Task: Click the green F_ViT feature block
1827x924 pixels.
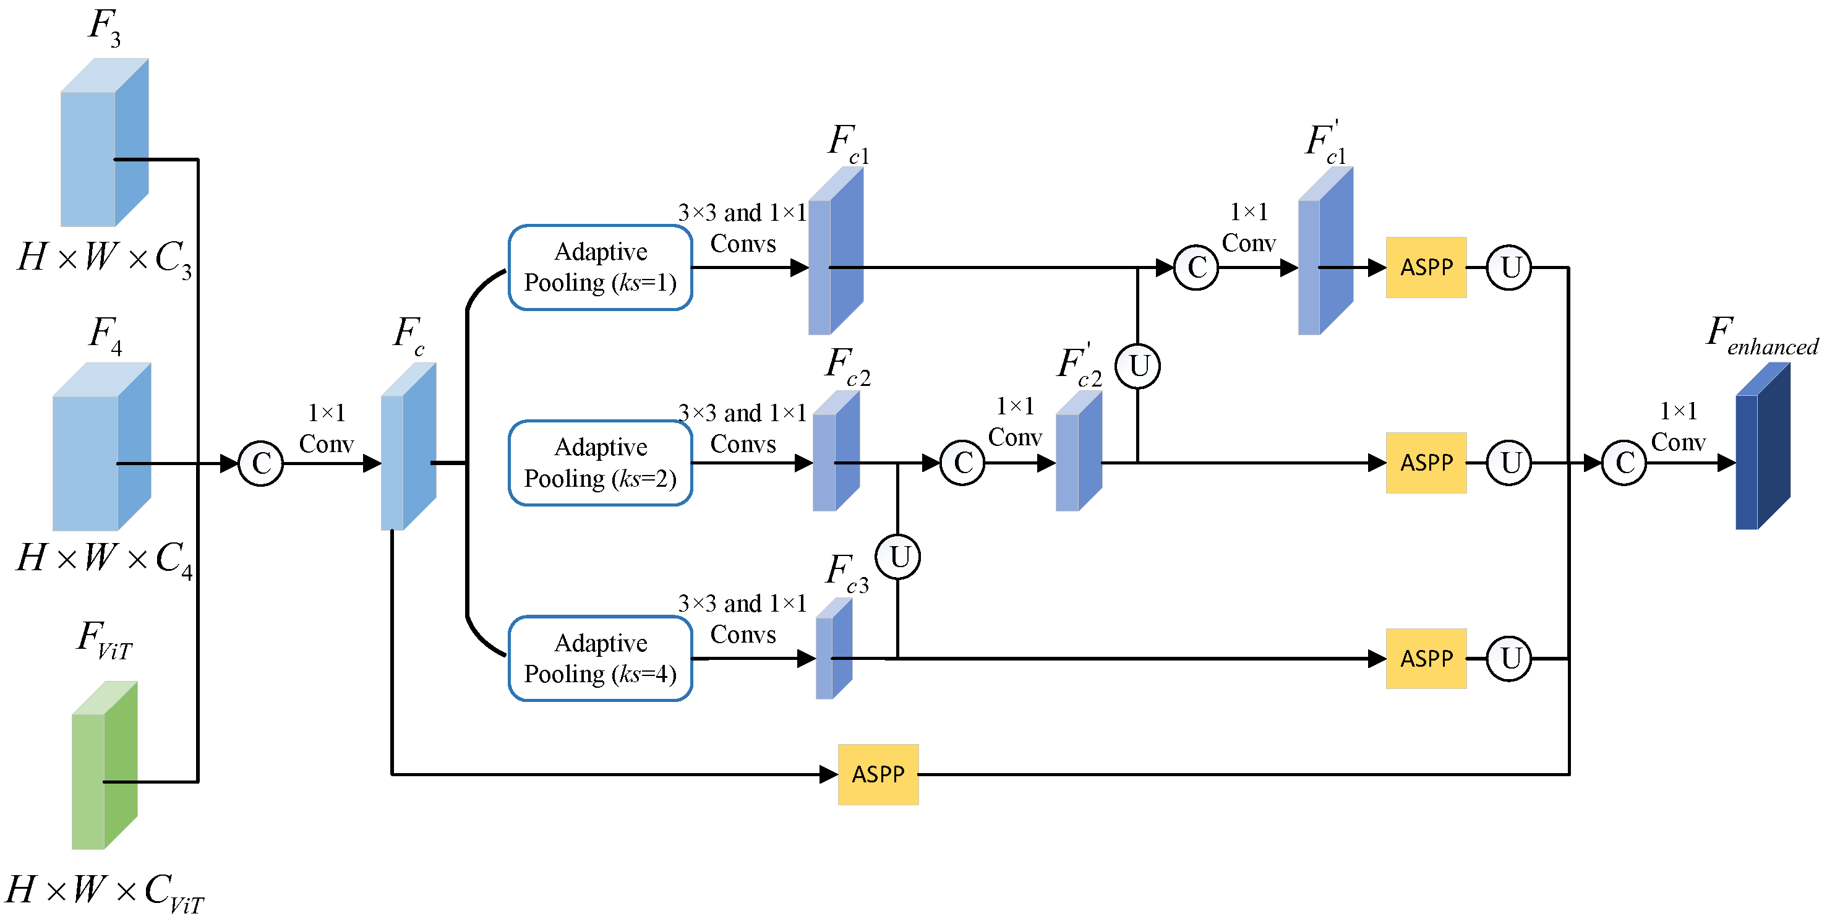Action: click(105, 766)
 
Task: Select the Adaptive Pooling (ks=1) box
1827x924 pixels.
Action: click(600, 267)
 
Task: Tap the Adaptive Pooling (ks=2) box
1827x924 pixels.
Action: click(600, 463)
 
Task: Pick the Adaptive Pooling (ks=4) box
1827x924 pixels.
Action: click(600, 658)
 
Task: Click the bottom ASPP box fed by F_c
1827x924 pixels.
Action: click(878, 774)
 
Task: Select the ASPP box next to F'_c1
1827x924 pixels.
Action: click(1426, 267)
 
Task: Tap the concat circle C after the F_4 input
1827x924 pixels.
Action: click(261, 464)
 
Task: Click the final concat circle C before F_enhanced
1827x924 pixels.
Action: click(1624, 463)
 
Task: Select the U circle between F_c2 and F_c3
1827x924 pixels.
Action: click(898, 557)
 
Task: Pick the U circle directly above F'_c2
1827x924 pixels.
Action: click(1137, 367)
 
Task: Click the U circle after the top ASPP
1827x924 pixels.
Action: click(1508, 267)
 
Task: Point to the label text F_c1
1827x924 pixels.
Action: click(847, 143)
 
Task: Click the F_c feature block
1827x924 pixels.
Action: click(408, 447)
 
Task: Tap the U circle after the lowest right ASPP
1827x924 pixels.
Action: click(1508, 658)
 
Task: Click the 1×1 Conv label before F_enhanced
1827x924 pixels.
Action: click(1677, 426)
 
